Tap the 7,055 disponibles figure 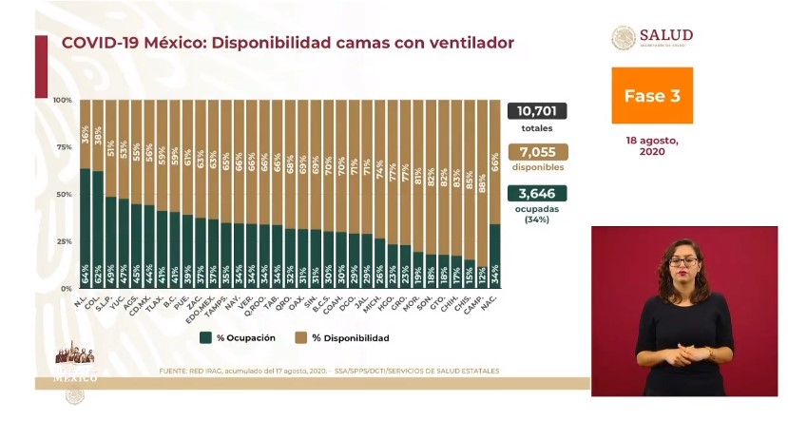click(537, 151)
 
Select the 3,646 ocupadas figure click(537, 192)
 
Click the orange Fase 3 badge click(651, 96)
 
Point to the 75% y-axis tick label click(63, 147)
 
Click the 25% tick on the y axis click(63, 241)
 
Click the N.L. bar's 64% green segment click(86, 228)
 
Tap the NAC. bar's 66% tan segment click(494, 162)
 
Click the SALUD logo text click(666, 35)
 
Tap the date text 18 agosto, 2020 click(651, 145)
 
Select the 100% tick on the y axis click(63, 100)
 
